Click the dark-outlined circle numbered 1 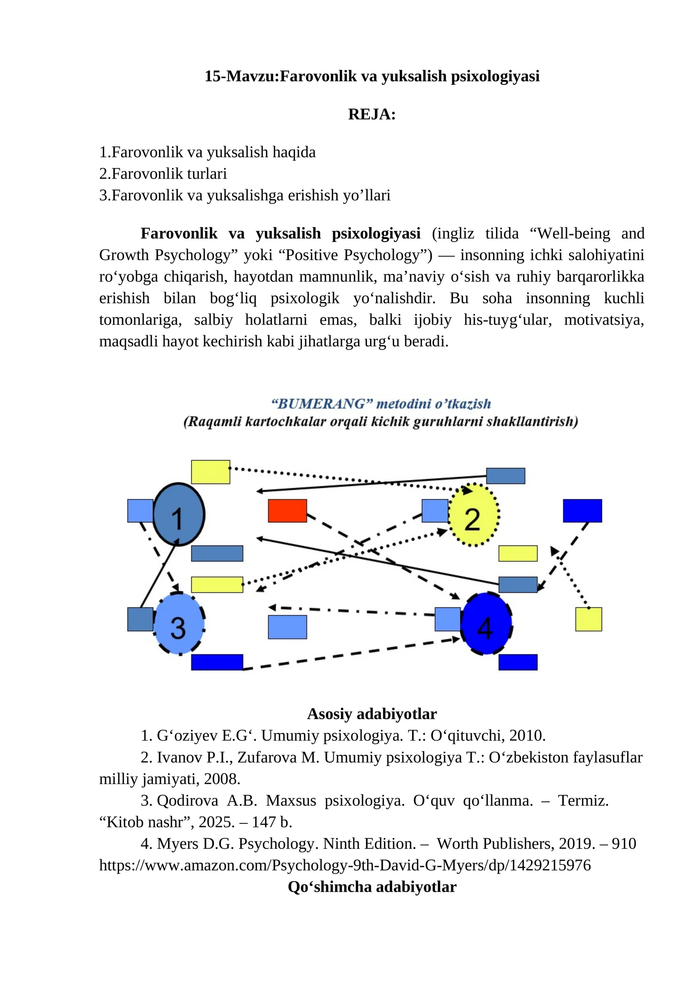click(179, 514)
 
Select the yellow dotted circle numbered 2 click(473, 515)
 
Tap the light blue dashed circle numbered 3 click(179, 624)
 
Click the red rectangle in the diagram click(287, 511)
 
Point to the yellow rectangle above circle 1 click(211, 472)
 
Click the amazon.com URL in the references click(345, 865)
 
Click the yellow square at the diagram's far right click(589, 619)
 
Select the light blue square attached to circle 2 click(435, 511)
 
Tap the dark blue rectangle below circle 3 click(217, 662)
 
